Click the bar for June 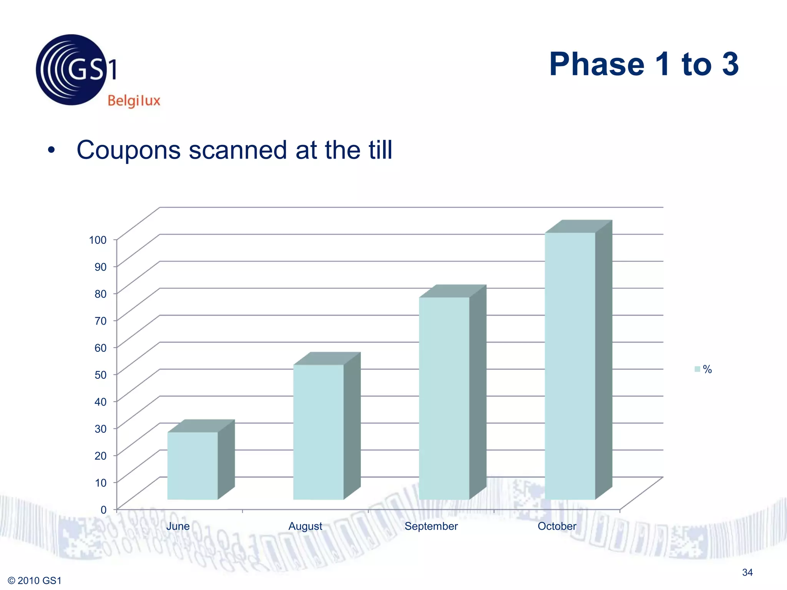coord(193,466)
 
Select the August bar coord(318,432)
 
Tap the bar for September coord(444,398)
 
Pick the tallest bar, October coord(570,366)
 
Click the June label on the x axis coord(178,526)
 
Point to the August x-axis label coord(306,526)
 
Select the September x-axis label coord(431,526)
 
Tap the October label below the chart coord(557,526)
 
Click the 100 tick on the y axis coord(98,240)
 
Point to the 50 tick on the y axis coord(100,375)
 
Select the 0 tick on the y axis coord(103,510)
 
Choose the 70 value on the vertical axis coord(100,321)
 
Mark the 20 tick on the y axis coord(100,456)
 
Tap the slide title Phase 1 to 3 coord(644,64)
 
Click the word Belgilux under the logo coord(134,101)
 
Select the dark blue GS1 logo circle coord(71,70)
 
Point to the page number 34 coord(747,572)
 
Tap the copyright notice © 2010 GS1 coord(35,580)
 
